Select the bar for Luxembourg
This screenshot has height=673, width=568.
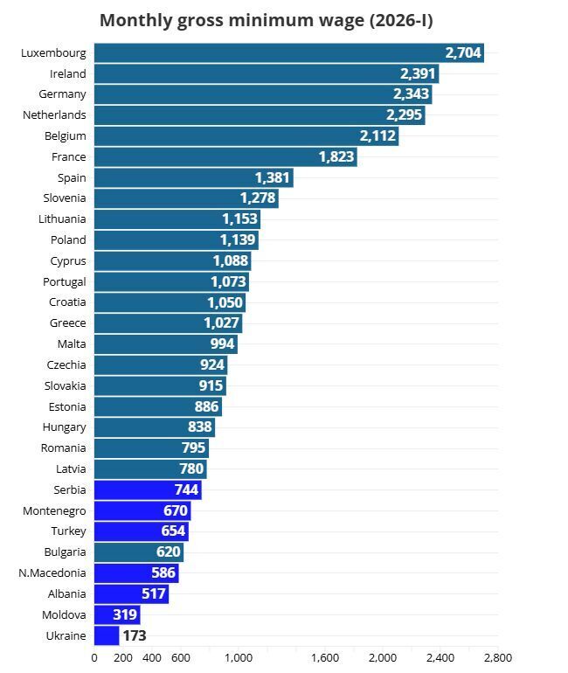pos(288,53)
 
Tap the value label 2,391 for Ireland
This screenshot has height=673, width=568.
pos(418,74)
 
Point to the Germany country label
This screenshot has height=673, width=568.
pos(62,94)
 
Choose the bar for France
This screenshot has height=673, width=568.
pos(225,157)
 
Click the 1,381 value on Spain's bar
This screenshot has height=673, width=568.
pos(272,177)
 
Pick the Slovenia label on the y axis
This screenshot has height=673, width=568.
pos(64,198)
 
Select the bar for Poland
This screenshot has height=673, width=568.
pos(176,239)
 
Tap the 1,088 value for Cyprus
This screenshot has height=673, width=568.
pos(231,260)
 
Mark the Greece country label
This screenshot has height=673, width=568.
pos(67,323)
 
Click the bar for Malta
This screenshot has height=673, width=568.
pos(164,343)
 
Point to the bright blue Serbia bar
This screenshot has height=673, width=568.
pos(147,490)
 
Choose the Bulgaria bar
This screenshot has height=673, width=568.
pos(138,552)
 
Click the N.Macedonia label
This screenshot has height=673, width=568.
pos(52,573)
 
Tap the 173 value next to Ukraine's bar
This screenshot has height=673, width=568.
pos(134,635)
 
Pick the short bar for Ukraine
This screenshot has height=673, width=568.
pos(107,635)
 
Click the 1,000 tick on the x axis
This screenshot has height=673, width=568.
pos(238,658)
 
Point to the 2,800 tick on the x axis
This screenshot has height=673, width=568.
pos(497,658)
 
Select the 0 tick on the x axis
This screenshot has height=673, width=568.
pos(94,658)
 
